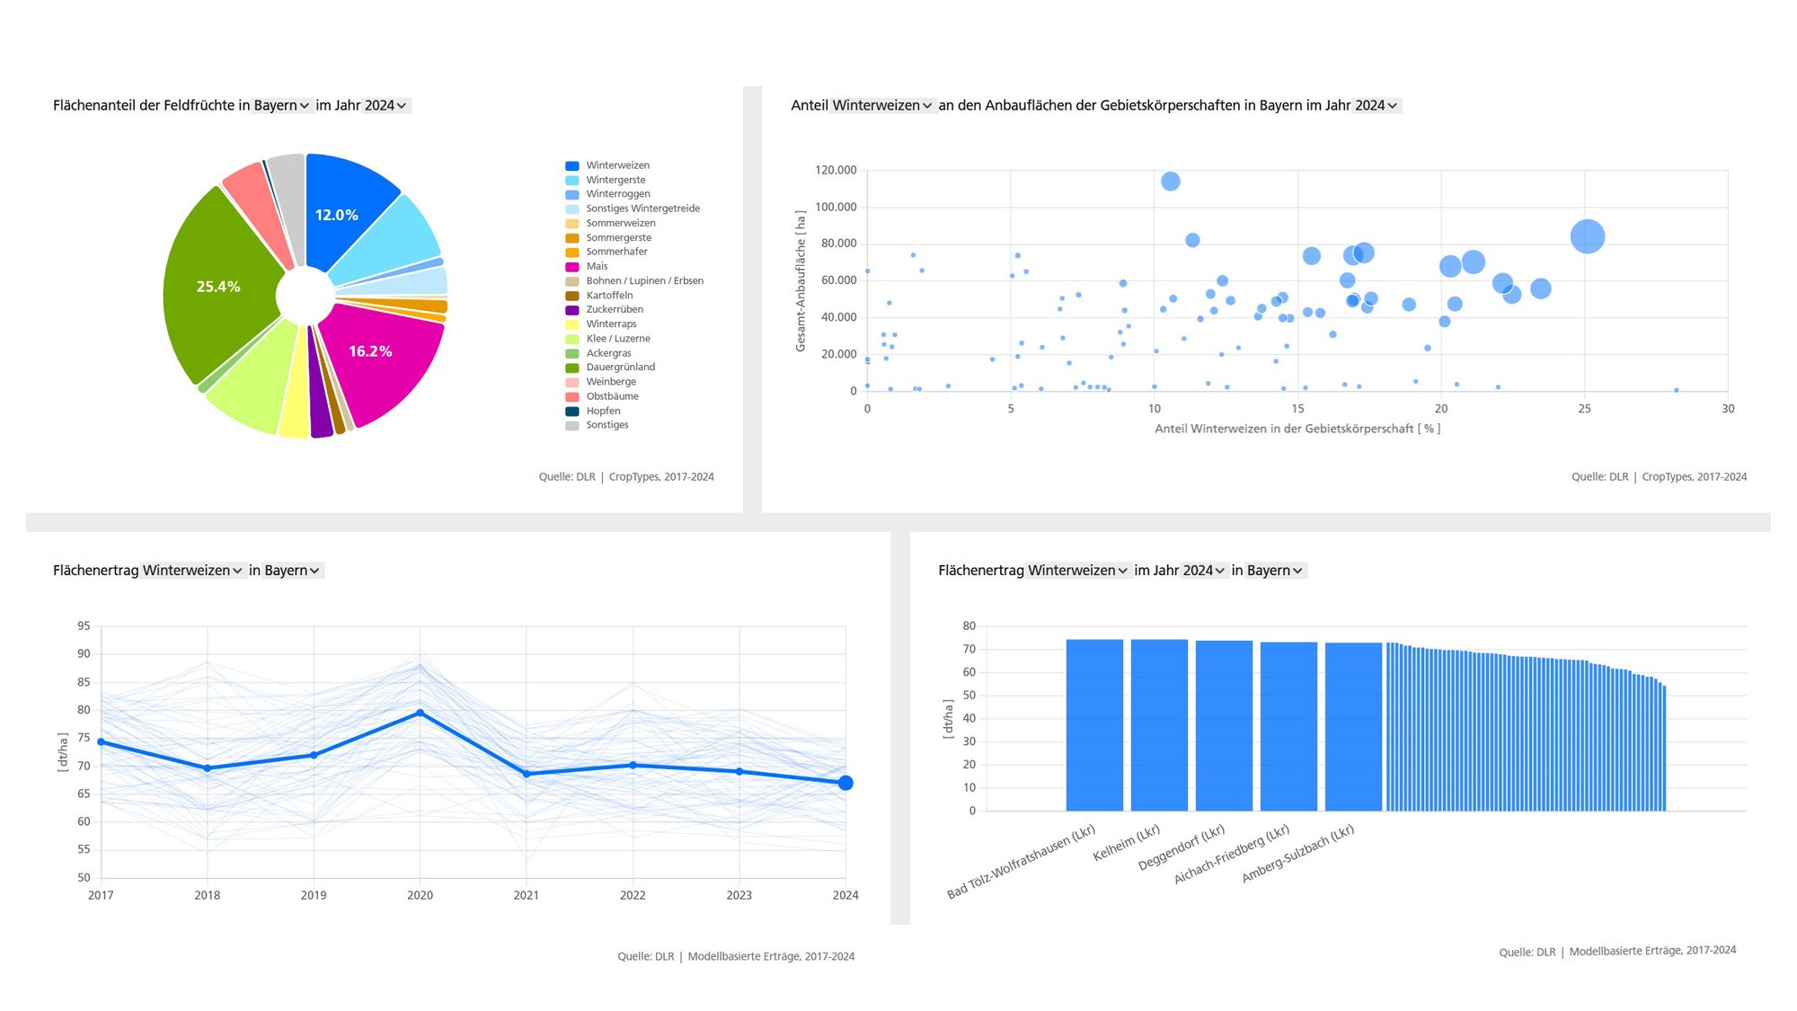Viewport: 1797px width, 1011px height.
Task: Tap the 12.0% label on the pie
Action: [336, 215]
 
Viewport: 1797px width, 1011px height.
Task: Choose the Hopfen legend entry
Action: [603, 411]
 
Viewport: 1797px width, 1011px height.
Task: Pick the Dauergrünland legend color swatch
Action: [571, 368]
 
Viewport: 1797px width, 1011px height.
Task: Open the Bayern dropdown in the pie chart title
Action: [281, 105]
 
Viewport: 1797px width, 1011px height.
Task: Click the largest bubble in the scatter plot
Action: [1587, 236]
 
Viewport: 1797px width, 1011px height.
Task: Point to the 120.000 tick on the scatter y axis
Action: [836, 170]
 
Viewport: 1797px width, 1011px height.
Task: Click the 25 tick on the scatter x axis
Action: [1584, 409]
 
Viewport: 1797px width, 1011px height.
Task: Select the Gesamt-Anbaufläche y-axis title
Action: [801, 281]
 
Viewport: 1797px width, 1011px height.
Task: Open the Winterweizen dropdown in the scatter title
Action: [881, 105]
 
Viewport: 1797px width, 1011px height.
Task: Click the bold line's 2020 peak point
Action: [420, 713]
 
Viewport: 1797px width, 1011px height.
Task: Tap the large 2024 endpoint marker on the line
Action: [845, 783]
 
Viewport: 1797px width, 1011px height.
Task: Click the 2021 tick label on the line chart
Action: [526, 895]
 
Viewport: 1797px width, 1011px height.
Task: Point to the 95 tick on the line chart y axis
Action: [84, 626]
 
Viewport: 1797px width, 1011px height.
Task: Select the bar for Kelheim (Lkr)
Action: [1158, 724]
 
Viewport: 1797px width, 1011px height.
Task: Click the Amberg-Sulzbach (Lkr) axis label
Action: [1298, 855]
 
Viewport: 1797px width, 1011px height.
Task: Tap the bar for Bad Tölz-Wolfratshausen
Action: [1093, 724]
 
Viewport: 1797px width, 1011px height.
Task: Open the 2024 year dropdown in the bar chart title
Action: [1203, 571]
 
